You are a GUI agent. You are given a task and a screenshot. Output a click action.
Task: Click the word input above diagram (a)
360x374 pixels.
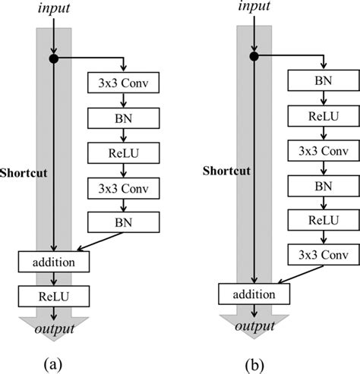(52, 10)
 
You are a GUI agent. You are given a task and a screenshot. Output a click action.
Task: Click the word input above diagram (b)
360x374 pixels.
(254, 7)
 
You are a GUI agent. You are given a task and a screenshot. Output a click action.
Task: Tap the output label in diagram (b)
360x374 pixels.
(254, 326)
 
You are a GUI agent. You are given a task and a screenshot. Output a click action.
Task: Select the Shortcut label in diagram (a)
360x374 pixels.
(24, 172)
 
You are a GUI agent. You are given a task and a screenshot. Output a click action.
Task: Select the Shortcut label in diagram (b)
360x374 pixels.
(226, 171)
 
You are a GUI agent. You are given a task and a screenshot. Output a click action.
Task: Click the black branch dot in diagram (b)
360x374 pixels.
(254, 56)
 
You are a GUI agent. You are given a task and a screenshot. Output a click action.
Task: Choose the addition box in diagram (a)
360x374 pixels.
(53, 262)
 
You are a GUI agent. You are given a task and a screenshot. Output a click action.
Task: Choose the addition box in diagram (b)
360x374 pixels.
(254, 292)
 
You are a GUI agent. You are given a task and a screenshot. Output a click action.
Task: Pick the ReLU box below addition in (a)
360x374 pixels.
(53, 294)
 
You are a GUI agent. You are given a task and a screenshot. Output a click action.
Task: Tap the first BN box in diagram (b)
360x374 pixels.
(323, 79)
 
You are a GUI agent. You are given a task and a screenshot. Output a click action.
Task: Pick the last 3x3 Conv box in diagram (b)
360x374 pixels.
(323, 253)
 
